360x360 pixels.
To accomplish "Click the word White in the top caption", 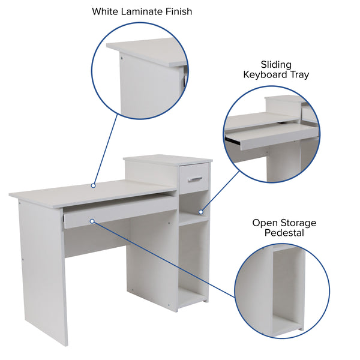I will pos(106,11).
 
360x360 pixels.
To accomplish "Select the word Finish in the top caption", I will pos(178,11).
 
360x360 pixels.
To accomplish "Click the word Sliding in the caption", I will pos(275,64).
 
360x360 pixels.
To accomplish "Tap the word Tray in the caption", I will pos(298,74).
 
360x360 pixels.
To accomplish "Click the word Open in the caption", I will pos(264,223).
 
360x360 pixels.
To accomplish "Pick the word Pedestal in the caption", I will pos(284,233).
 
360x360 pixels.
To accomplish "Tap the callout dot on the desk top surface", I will pos(93,186).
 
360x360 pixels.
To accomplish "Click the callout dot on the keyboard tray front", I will pos(92,221).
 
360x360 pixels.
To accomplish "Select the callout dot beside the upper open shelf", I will pos(202,212).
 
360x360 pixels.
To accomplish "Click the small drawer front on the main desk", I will pos(194,178).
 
